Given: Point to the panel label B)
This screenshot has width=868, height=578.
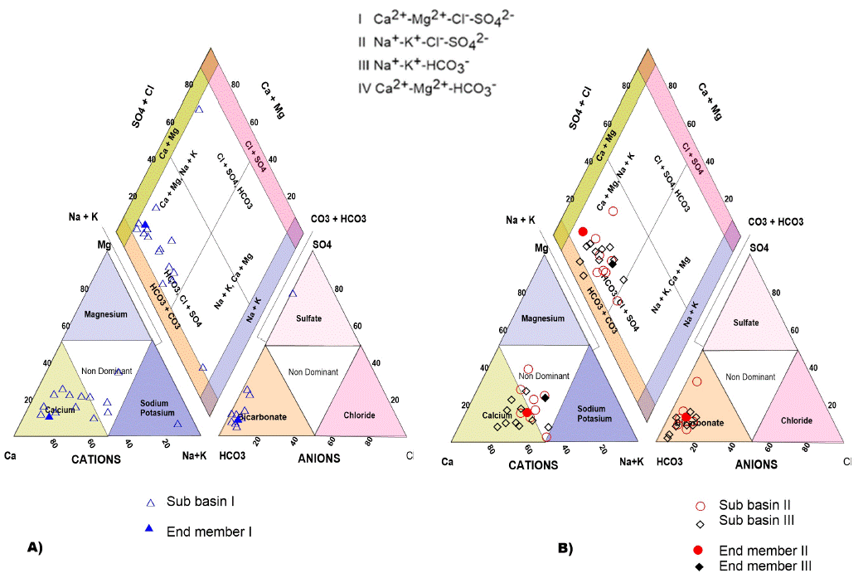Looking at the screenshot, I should [x=565, y=549].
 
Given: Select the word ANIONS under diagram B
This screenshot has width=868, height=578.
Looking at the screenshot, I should [x=757, y=464].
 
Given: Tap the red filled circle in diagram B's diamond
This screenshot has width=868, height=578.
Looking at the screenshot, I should [x=583, y=231].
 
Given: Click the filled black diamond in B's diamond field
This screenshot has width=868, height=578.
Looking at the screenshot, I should [x=613, y=264].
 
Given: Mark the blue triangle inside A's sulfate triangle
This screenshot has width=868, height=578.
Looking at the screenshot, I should [x=292, y=294].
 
